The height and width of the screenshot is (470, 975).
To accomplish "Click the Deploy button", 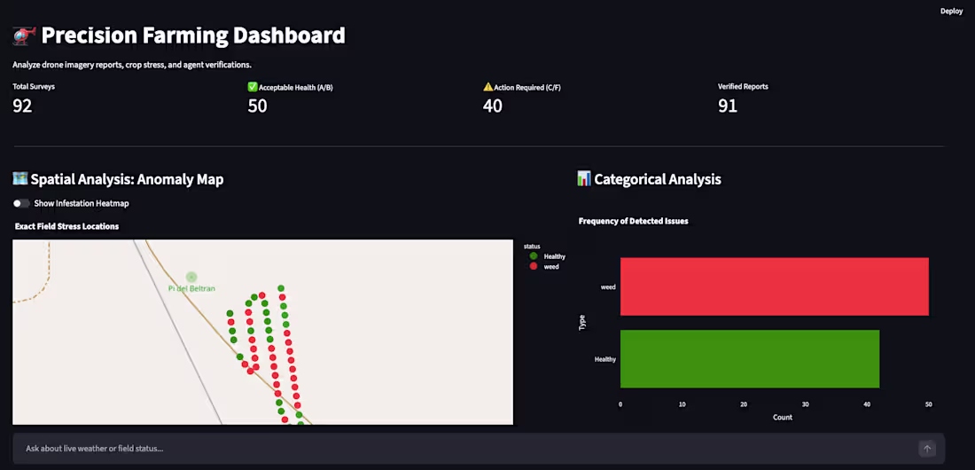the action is [951, 12].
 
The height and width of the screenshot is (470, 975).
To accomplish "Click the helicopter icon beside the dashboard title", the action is [23, 36].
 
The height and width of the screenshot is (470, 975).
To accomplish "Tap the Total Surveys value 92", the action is [22, 106].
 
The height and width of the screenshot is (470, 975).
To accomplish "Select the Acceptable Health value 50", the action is [257, 106].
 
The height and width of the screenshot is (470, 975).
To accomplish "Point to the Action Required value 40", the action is [493, 106].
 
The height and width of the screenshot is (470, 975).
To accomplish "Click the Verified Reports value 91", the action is [728, 106].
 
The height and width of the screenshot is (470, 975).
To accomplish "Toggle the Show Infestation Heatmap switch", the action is [22, 204].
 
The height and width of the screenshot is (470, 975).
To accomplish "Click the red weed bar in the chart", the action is [774, 286].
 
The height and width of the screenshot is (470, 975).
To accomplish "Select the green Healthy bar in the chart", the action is [749, 358].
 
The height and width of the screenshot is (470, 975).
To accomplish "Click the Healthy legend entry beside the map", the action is [546, 256].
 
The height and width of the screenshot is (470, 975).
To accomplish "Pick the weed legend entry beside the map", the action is [544, 266].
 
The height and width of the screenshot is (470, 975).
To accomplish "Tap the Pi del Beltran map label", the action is [191, 288].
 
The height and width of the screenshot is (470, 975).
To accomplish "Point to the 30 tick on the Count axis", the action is [805, 404].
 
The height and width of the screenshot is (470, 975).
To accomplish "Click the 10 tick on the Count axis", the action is [682, 404].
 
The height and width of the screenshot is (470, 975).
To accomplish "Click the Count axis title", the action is [783, 417].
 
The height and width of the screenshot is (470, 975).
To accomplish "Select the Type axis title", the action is [582, 323].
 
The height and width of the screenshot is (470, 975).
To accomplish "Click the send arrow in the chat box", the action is [927, 448].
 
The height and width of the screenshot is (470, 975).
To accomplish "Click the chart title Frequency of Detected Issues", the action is [633, 221].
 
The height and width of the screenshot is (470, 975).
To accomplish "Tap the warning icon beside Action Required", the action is [488, 87].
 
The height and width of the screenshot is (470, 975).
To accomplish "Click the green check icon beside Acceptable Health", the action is [253, 87].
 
